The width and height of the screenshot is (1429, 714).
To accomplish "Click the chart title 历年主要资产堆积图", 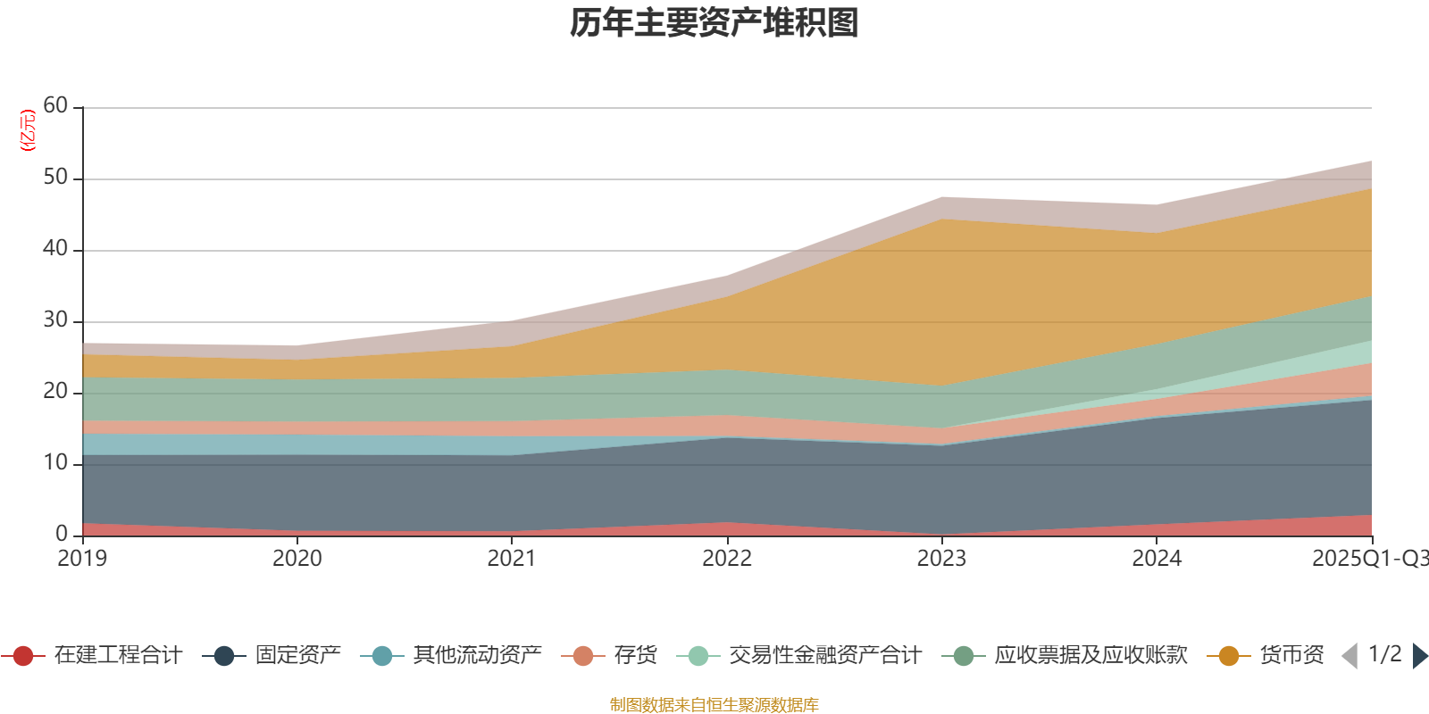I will (x=714, y=23).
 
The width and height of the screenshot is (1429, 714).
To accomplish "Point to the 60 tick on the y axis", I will (x=55, y=106).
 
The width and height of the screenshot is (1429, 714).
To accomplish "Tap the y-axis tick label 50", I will (x=55, y=178).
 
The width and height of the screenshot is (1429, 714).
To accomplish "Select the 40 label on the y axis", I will (x=55, y=249).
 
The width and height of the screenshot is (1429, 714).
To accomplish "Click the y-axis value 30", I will (x=55, y=320).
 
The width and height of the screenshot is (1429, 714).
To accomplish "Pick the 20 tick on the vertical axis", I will (x=55, y=392).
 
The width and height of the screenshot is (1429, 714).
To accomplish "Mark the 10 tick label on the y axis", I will (x=55, y=463).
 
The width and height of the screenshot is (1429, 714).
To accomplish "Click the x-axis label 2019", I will (x=82, y=559).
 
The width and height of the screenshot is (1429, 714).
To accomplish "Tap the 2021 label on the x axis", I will (x=512, y=559).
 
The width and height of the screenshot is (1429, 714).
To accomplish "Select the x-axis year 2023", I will (x=941, y=559).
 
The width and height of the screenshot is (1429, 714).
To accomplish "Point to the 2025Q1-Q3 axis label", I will (x=1369, y=559).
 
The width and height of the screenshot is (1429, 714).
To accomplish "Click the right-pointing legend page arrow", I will (x=1419, y=656).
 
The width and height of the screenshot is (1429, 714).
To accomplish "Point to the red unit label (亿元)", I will (x=29, y=130).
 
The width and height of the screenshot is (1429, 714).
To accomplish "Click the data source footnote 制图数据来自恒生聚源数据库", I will (x=714, y=705).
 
